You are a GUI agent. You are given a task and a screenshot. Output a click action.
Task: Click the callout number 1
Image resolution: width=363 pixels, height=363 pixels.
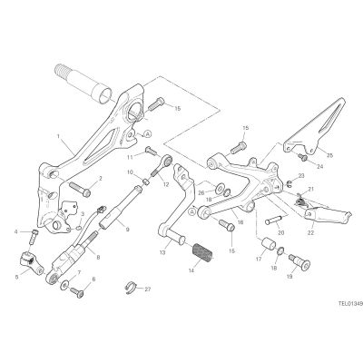tap(58, 136)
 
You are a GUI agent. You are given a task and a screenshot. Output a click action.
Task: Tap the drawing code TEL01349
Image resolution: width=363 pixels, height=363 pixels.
tap(350, 303)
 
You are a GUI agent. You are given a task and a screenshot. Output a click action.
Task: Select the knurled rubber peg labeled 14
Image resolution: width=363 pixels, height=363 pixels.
tap(203, 252)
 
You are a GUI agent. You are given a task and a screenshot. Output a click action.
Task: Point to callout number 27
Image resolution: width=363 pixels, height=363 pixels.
tap(147, 289)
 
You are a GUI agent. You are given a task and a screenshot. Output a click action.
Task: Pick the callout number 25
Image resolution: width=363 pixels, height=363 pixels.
tap(329, 155)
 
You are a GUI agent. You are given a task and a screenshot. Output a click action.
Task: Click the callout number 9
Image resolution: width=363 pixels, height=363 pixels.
tap(127, 230)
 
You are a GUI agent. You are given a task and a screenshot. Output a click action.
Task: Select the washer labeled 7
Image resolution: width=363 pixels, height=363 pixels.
tap(64, 285)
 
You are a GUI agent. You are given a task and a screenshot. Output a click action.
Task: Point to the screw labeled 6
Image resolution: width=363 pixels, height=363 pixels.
tap(77, 292)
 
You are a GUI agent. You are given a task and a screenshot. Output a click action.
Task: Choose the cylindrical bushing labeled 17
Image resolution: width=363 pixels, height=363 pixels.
tap(268, 243)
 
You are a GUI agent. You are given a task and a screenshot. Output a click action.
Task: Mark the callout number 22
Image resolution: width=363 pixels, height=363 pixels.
tap(311, 232)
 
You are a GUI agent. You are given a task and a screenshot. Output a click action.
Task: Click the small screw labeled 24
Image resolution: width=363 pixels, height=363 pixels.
tap(302, 157)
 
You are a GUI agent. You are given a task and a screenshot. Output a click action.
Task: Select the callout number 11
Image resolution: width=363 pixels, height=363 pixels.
tap(130, 157)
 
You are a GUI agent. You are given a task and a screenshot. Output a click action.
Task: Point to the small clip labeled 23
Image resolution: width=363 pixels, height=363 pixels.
tap(288, 182)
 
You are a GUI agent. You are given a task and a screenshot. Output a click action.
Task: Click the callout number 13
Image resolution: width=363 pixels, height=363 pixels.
tap(162, 252)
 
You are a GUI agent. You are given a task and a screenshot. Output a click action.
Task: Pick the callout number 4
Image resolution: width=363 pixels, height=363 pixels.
tap(15, 232)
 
